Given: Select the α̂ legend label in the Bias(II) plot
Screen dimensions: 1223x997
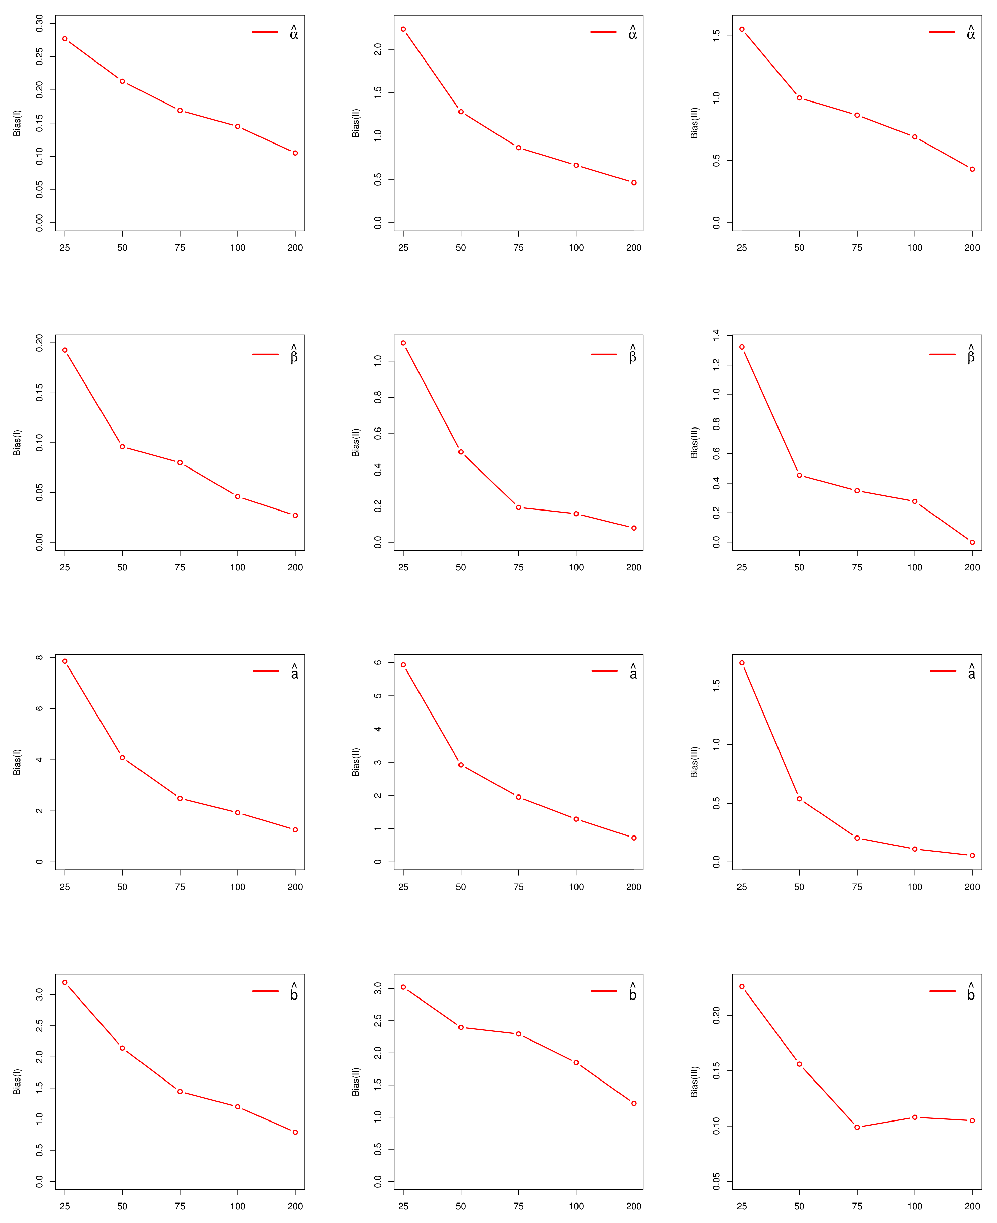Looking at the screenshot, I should pyautogui.click(x=632, y=33).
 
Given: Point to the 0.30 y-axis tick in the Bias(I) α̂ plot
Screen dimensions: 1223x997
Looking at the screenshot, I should pyautogui.click(x=40, y=24).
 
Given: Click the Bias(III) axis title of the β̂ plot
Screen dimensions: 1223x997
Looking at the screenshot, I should pyautogui.click(x=694, y=443).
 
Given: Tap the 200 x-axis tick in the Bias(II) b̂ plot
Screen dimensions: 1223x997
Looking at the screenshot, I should pyautogui.click(x=634, y=1206).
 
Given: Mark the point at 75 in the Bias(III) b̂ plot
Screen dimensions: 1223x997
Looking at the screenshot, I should pyautogui.click(x=857, y=1127).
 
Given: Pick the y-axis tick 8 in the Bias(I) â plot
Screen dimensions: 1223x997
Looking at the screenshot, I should pyautogui.click(x=40, y=657).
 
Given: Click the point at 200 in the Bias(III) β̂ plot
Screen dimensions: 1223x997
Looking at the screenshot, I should pyautogui.click(x=972, y=542).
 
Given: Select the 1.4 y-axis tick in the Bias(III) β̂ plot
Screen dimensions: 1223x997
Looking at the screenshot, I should pyautogui.click(x=716, y=335).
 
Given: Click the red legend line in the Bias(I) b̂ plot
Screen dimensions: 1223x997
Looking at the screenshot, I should pyautogui.click(x=265, y=991).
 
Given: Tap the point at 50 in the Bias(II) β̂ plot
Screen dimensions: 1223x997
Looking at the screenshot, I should pyautogui.click(x=461, y=452).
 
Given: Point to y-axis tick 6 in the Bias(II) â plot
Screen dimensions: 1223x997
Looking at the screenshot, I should pyautogui.click(x=378, y=663).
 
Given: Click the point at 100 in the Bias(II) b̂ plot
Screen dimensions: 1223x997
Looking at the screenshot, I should pyautogui.click(x=576, y=1063).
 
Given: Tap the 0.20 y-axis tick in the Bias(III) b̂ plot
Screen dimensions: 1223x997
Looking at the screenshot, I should pyautogui.click(x=716, y=1016).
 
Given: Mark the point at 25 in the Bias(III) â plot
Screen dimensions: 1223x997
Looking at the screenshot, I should pyautogui.click(x=742, y=663).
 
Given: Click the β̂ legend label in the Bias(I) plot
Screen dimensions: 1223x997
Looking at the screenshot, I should pyautogui.click(x=294, y=356).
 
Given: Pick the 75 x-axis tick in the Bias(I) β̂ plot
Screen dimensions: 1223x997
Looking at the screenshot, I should pyautogui.click(x=180, y=567).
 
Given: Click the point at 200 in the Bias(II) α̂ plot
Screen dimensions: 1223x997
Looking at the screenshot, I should pyautogui.click(x=634, y=182).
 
